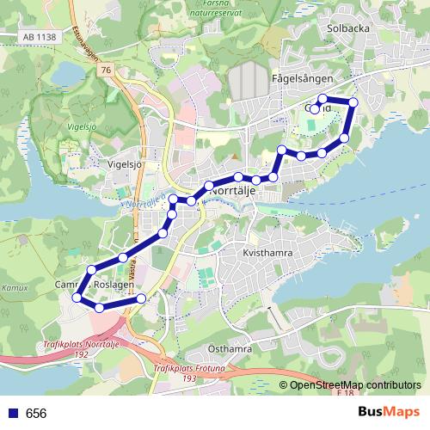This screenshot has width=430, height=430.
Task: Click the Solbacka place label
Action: point(347,28)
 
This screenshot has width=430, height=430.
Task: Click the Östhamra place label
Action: point(230,349)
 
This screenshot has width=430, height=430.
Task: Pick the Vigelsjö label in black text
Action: point(125,163)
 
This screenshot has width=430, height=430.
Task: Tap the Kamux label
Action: point(15,287)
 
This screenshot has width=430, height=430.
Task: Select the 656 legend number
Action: point(36,414)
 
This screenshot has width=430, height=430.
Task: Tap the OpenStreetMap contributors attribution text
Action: point(354,385)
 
